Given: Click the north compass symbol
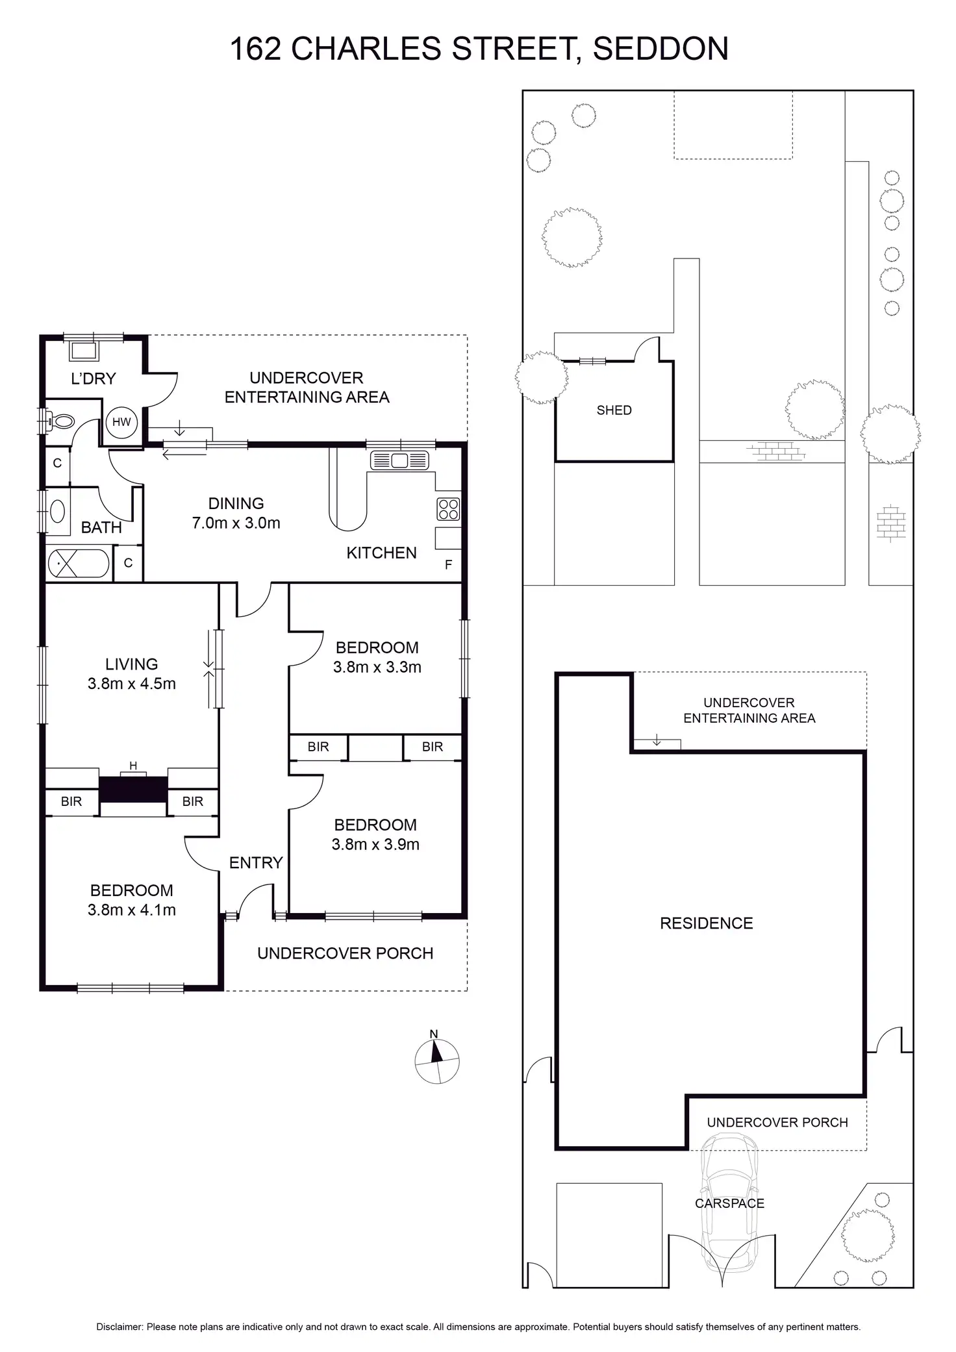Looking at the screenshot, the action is (x=437, y=1061).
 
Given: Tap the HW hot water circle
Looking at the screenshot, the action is (x=121, y=422).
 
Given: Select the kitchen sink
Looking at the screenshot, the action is (x=399, y=460).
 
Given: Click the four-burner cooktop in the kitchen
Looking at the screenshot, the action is (x=449, y=508).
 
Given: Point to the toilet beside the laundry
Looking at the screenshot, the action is (x=61, y=421).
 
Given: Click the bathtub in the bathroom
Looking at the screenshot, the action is (x=79, y=564).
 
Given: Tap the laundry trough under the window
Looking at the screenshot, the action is (x=84, y=351).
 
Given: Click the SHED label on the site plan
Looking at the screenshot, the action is (x=614, y=410).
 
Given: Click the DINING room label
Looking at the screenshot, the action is (x=236, y=503).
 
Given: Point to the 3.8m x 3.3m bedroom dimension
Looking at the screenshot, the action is (x=377, y=667).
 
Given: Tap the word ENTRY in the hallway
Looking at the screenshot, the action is (x=256, y=862).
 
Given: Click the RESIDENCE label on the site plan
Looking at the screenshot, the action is (x=706, y=923).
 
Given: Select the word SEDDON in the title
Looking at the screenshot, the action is (x=660, y=49).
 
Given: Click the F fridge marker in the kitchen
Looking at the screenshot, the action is (x=448, y=565).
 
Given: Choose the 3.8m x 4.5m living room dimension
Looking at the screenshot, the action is (x=132, y=683).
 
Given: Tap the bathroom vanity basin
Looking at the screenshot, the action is (x=57, y=511).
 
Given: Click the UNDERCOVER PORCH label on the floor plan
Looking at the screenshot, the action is (x=345, y=953).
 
